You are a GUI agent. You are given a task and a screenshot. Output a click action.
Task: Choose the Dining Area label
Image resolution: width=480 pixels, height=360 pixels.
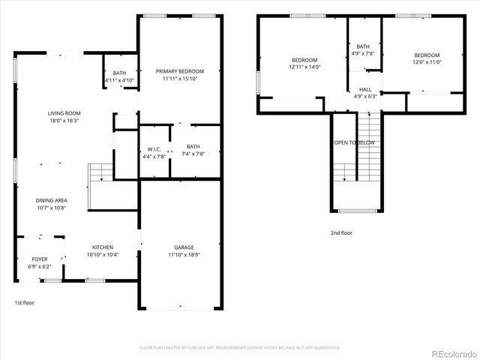pyautogui.click(x=51, y=205)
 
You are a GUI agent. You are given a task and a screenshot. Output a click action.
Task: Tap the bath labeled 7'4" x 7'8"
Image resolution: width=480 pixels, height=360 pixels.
pyautogui.click(x=193, y=150)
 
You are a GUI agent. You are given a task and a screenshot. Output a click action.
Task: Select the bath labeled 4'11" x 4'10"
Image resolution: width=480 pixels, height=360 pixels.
pyautogui.click(x=118, y=76)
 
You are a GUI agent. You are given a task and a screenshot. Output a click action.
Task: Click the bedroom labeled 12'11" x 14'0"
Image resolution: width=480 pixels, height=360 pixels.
pyautogui.click(x=304, y=63)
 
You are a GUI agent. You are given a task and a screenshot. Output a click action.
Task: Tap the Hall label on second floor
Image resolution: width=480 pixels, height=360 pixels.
pyautogui.click(x=364, y=92)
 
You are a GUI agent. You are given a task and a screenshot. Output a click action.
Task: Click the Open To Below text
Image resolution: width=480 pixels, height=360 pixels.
pyautogui.click(x=354, y=142)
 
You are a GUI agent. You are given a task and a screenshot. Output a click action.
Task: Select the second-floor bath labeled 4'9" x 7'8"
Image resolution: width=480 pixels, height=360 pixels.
pyautogui.click(x=364, y=50)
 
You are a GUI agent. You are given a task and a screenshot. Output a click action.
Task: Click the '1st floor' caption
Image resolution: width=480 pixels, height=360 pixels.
pyautogui.click(x=24, y=303)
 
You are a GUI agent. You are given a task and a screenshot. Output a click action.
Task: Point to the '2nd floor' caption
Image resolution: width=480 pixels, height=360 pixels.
pyautogui.click(x=341, y=233)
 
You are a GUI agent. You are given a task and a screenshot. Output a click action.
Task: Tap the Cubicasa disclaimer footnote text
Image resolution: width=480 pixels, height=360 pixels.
pyautogui.click(x=239, y=347)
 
